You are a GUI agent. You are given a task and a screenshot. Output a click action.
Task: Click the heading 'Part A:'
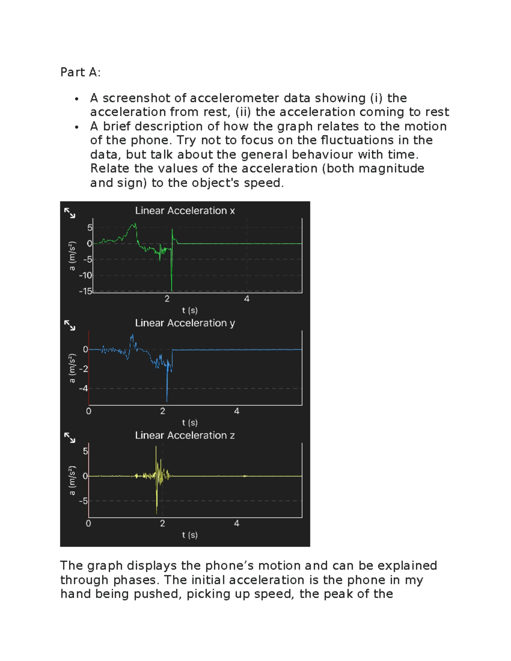coord(80,72)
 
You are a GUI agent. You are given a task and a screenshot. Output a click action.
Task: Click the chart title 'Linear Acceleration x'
coord(185,211)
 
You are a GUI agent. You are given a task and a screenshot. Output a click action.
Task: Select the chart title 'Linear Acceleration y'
coord(185,323)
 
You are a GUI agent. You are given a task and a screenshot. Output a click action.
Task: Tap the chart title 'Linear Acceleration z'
coord(185,435)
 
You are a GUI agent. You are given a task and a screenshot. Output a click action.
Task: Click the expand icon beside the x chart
coord(70,213)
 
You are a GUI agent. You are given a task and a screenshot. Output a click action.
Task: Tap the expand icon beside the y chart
coord(70,325)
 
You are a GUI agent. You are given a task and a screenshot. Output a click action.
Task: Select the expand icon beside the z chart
coord(70,438)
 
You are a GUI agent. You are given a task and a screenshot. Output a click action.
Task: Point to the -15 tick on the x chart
coord(86,292)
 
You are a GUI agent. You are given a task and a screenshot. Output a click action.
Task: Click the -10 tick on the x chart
coord(86,275)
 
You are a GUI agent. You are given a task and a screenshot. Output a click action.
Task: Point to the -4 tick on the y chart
coord(83,388)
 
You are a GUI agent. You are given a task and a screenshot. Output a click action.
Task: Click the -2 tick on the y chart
coord(83,369)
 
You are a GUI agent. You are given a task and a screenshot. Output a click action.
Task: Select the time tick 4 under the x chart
coord(247,299)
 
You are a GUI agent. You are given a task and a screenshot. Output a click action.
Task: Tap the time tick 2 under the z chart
coord(162,524)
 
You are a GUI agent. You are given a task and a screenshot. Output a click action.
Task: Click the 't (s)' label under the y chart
coord(190,423)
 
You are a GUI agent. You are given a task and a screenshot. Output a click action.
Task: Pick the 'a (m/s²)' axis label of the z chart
coord(72,481)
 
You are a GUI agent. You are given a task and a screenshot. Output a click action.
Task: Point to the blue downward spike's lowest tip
coord(167,401)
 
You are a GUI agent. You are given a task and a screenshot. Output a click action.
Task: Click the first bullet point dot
coord(77,99)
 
